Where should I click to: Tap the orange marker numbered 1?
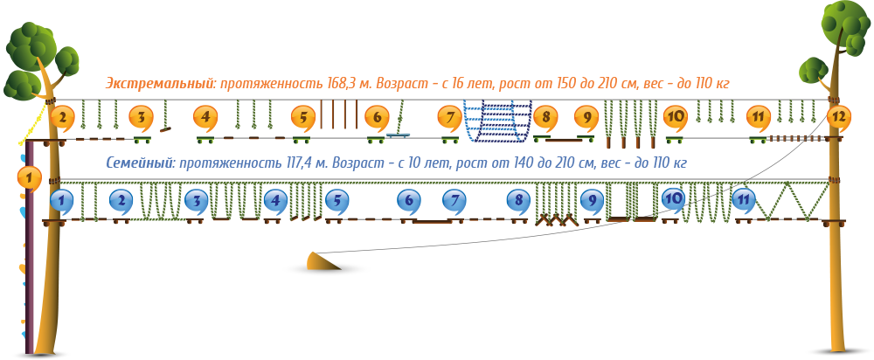pos(30,178)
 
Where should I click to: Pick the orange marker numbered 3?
pos(141,118)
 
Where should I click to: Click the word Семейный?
pos(139,163)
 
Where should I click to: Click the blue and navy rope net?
pos(497,121)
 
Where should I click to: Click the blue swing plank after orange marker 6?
pos(398,135)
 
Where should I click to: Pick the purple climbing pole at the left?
pos(29,246)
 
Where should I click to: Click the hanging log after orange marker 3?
pos(165,129)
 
